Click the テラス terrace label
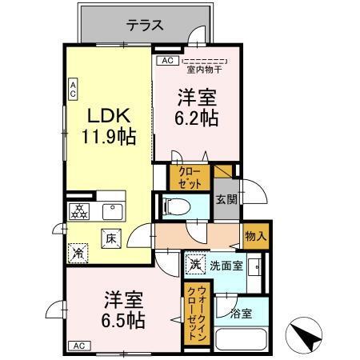pyautogui.click(x=146, y=25)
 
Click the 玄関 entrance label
pyautogui.click(x=225, y=200)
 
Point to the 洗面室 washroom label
pyautogui.click(x=226, y=265)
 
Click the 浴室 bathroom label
pyautogui.click(x=241, y=313)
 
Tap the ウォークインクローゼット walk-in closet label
pyautogui.click(x=193, y=314)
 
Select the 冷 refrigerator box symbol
pyautogui.click(x=78, y=251)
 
